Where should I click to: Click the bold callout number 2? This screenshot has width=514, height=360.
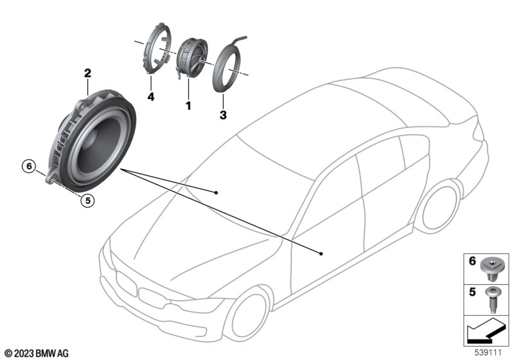[x=87, y=73]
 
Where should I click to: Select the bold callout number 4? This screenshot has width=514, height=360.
[x=151, y=96]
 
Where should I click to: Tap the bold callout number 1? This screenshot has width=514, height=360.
[x=188, y=105]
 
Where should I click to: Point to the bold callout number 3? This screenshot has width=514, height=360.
[x=223, y=115]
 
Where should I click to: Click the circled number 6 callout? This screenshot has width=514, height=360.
[x=29, y=166]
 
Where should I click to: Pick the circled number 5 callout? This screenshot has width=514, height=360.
[x=87, y=200]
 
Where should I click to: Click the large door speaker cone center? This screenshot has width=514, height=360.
[x=98, y=145]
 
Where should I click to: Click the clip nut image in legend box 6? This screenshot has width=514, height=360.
[x=491, y=270]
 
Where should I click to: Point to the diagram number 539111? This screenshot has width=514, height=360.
[x=488, y=352]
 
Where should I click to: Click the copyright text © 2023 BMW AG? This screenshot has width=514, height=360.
[x=37, y=354]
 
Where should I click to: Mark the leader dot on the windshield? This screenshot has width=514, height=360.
[x=216, y=192]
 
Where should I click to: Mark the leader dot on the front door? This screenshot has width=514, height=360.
[x=321, y=253]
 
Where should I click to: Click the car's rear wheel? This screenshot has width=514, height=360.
[x=440, y=206]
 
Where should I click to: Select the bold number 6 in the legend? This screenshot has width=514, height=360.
[x=472, y=261]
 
